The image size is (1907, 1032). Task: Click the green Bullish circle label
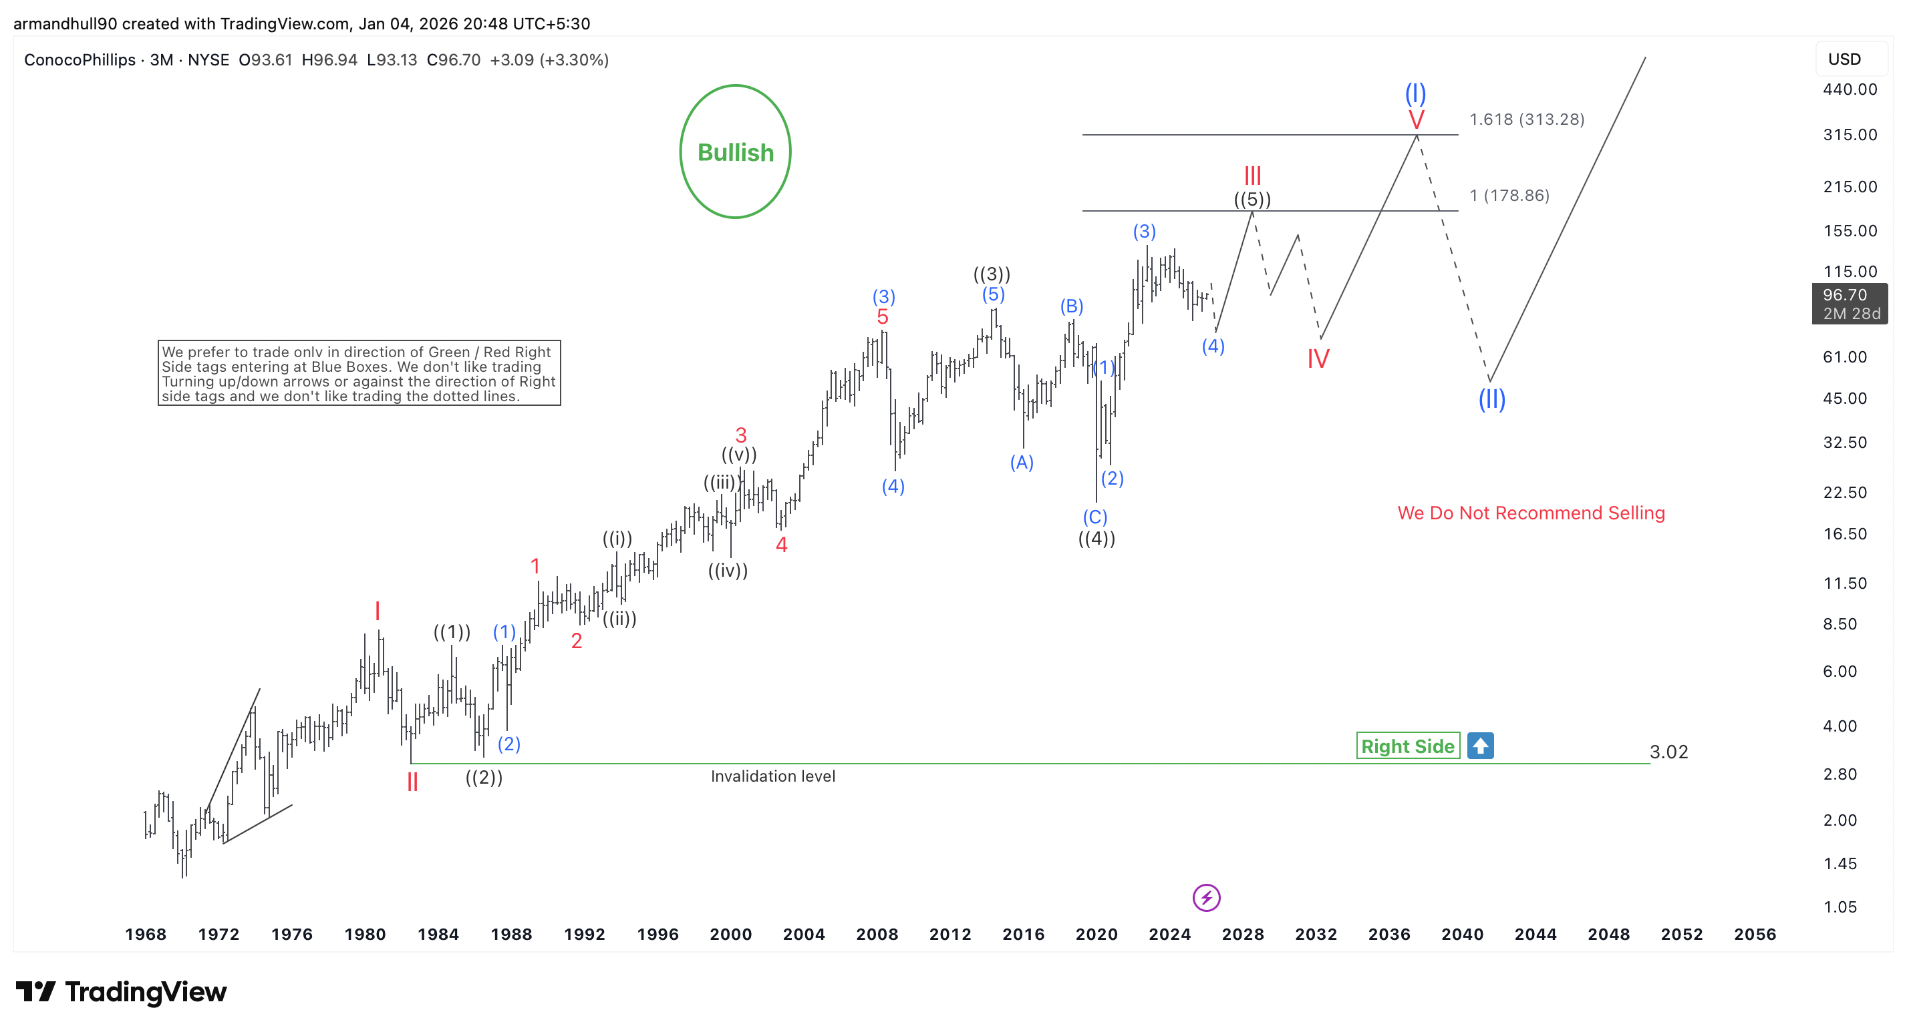coord(735,152)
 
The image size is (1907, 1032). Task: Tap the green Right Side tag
coord(1407,746)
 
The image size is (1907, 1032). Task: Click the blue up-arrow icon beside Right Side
coord(1481,746)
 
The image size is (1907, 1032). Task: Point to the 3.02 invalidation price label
coord(1668,752)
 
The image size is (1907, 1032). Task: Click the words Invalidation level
coord(773,776)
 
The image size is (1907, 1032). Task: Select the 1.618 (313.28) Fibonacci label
coord(1527,119)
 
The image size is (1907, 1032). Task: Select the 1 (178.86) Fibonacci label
coord(1509,196)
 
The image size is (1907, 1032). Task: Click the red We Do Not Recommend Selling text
coord(1531,513)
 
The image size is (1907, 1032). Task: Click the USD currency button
coord(1844,59)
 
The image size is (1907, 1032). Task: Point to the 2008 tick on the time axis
coord(877,935)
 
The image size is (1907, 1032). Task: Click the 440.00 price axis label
coord(1850,89)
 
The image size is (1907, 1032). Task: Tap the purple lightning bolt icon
coord(1206,897)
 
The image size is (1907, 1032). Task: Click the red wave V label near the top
coord(1416,120)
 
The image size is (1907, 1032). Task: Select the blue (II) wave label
coord(1491,399)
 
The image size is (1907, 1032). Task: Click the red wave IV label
coord(1318,358)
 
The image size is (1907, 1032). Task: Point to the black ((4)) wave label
coord(1096,539)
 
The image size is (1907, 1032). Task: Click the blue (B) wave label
coord(1071,306)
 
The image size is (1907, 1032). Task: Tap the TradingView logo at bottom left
coord(121,991)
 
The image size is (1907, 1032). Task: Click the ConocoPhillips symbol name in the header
coord(80,60)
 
